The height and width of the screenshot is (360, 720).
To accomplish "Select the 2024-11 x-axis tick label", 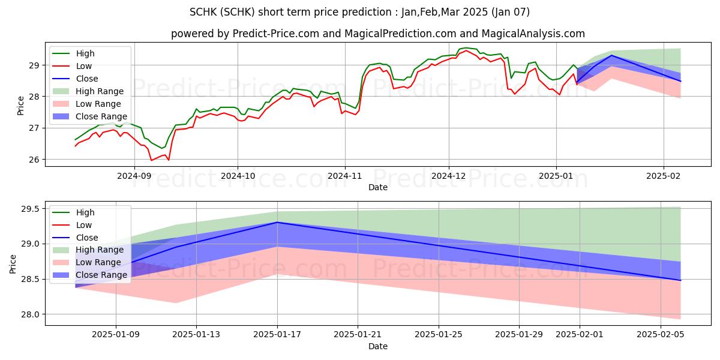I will pos(344,175).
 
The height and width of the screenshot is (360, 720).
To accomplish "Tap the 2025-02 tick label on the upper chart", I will pos(663,175).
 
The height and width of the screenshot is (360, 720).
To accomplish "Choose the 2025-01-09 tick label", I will pos(116,334).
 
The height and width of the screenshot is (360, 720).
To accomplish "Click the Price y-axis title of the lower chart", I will pos(13,263).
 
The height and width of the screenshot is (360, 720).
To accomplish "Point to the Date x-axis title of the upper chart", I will pos(378,187).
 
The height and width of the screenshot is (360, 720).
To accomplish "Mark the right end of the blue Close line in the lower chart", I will pos(680,280).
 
